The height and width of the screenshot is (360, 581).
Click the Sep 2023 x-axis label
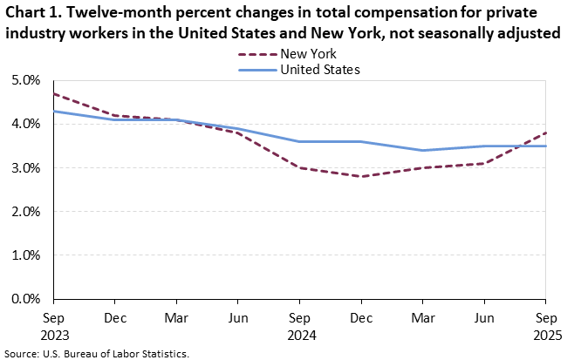53,325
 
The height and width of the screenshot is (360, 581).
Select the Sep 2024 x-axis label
299,325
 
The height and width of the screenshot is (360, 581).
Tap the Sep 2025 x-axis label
547,325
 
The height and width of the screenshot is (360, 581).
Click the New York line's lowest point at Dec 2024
361,176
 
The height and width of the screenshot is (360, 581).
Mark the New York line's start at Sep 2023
53,93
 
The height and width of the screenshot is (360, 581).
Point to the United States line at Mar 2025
423,150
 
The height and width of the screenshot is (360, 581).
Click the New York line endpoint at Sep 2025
547,132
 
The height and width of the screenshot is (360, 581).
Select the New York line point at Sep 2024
299,167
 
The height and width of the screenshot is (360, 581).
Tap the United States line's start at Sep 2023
53,111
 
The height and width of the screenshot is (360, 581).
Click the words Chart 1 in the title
34,12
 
